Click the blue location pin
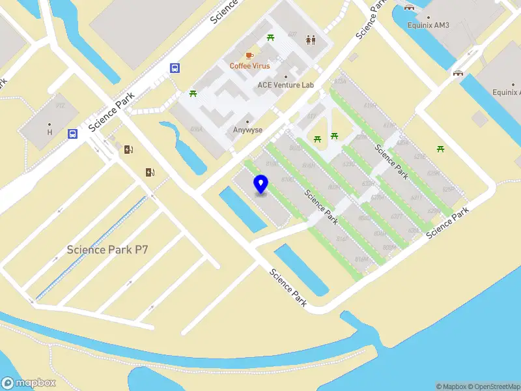click(x=261, y=184)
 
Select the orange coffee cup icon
click(x=249, y=55)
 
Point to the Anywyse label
click(x=247, y=130)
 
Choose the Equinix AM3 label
click(x=429, y=25)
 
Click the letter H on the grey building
click(x=49, y=132)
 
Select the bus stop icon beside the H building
click(x=72, y=134)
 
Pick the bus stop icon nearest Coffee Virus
click(x=175, y=67)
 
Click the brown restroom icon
click(x=311, y=40)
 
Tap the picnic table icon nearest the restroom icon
click(x=271, y=38)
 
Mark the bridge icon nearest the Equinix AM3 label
click(x=409, y=8)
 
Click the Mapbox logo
click(x=29, y=383)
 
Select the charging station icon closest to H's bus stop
click(x=129, y=149)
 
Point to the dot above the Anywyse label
click(x=247, y=121)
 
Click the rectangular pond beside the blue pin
click(x=243, y=209)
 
